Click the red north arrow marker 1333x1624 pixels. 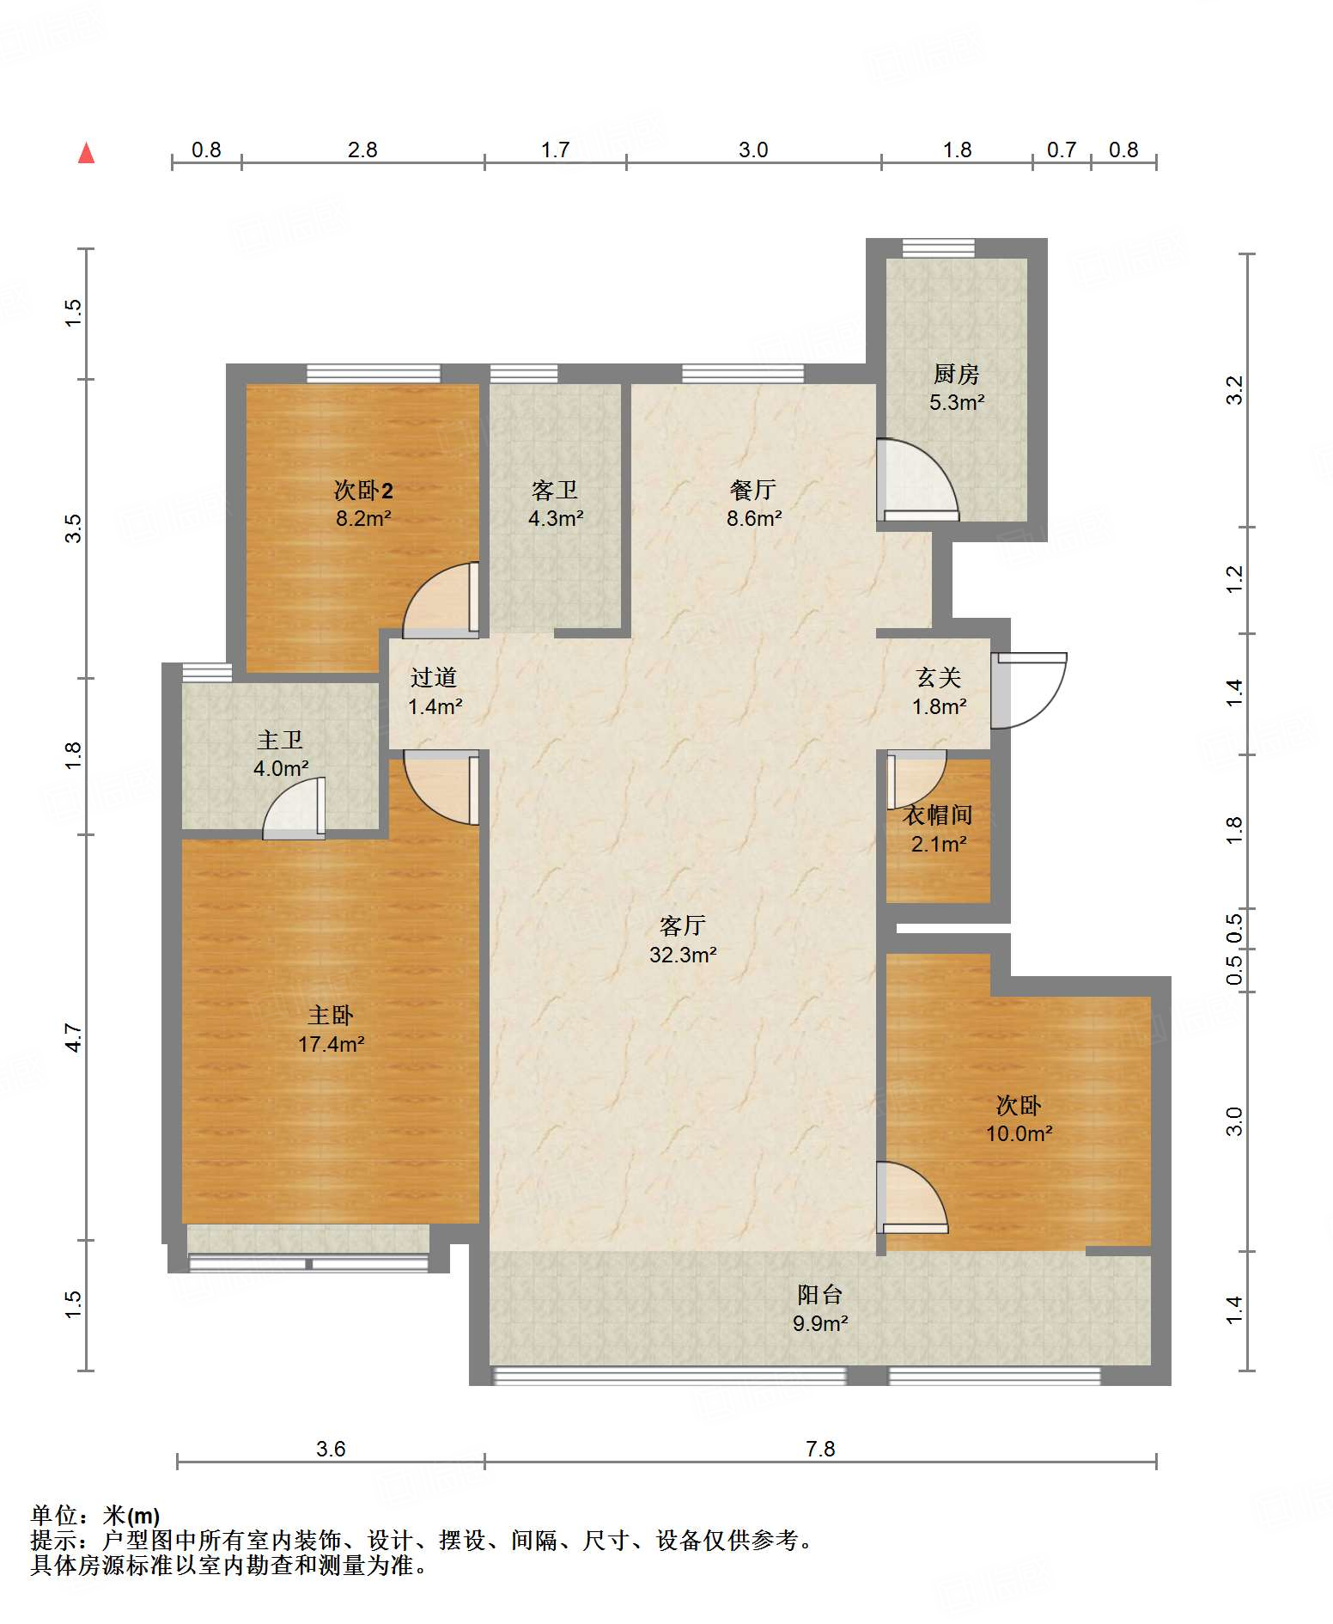(86, 153)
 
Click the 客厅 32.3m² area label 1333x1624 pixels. (683, 940)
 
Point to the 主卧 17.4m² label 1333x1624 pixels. (331, 1029)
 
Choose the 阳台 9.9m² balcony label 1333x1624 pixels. (820, 1309)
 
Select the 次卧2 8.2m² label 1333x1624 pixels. (363, 504)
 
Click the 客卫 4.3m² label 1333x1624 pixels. (555, 504)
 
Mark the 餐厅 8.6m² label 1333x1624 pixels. (753, 504)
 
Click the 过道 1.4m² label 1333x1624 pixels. (434, 692)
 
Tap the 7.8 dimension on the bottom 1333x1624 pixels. (820, 1449)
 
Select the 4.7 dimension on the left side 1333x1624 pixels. (74, 1037)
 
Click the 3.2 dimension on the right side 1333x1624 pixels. (1234, 390)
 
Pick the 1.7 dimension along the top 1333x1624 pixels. (555, 150)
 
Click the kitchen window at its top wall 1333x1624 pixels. (938, 248)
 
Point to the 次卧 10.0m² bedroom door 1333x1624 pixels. (912, 1198)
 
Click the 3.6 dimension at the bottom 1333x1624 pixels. (331, 1449)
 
